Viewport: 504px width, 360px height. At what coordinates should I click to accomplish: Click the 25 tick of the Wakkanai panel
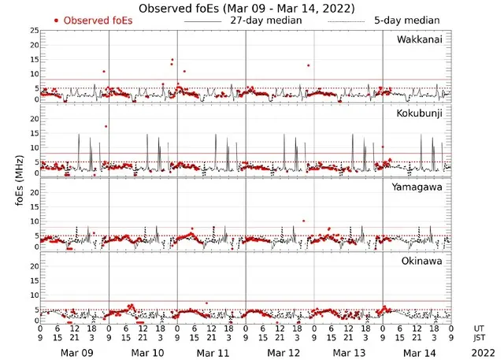coord(33,30)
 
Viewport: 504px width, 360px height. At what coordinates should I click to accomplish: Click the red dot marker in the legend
coord(57,20)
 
